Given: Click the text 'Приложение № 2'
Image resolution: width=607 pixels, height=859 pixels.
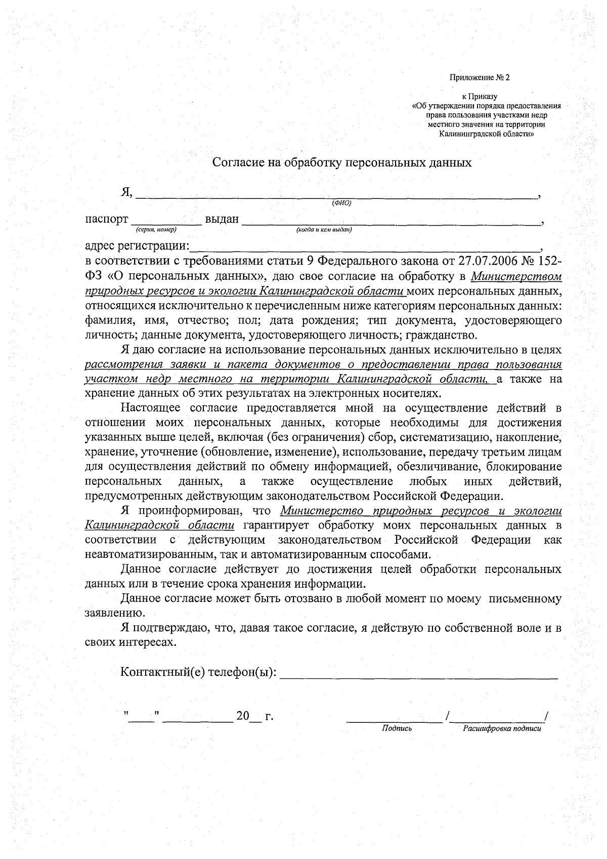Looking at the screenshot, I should (x=480, y=78).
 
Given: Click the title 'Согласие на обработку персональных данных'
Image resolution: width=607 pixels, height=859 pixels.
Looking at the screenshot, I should (x=342, y=162).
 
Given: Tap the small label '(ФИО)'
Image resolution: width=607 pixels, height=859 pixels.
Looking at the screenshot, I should (x=341, y=203).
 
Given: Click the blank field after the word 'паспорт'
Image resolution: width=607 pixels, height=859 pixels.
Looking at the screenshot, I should (x=166, y=221).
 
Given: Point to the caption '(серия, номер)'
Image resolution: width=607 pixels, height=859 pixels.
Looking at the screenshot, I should (x=156, y=230).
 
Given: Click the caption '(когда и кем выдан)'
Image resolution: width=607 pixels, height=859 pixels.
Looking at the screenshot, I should (x=324, y=230).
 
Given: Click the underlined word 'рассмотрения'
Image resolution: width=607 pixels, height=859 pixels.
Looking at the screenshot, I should (x=120, y=364).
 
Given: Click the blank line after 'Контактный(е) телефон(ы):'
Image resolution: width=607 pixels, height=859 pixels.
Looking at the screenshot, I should (x=419, y=673).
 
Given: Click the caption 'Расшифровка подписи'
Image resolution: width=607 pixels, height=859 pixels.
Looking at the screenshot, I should (x=502, y=728).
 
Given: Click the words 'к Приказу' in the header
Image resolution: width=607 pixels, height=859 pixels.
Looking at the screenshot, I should (x=480, y=96).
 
